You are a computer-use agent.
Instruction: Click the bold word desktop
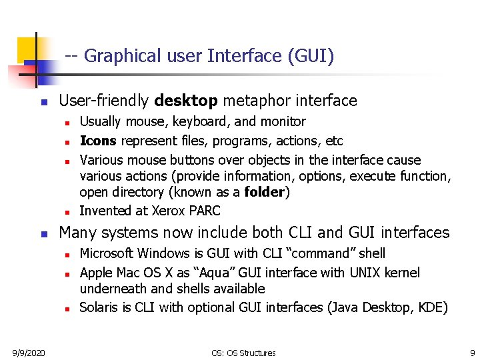[x=186, y=101]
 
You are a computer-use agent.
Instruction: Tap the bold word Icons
[x=98, y=141]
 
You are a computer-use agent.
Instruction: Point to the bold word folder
[x=265, y=192]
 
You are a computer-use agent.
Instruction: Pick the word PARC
[x=204, y=211]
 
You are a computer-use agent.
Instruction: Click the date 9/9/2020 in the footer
[x=27, y=352]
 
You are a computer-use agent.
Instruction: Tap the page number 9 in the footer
[x=472, y=352]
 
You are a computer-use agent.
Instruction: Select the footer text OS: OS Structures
[x=243, y=353]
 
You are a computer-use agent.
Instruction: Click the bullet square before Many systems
[x=43, y=234]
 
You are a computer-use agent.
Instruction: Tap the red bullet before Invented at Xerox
[x=67, y=212]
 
